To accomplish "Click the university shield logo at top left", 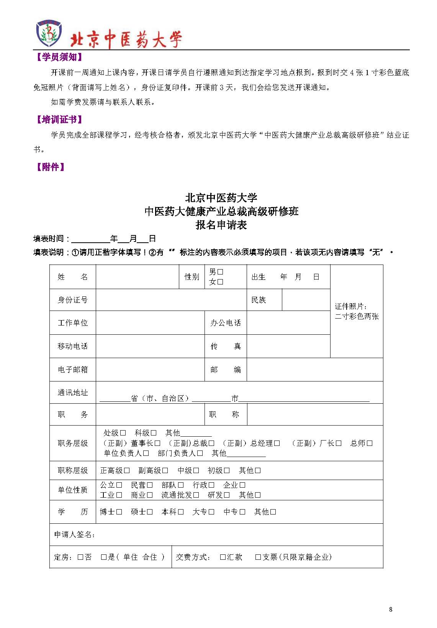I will coord(49,33).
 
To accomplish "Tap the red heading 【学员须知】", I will coord(59,58).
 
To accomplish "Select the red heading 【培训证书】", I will coord(59,120).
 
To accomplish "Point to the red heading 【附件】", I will coord(50,167).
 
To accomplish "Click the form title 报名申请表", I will coord(221,225).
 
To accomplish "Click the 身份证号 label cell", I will coord(72,300).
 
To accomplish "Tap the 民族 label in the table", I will coord(259,300).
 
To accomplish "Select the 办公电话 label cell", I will coord(226,323).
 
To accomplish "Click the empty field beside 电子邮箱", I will coord(150,370).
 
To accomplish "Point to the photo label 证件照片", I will coord(351,306).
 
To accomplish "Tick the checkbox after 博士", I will coord(119,512).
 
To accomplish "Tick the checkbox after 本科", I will coord(181,512).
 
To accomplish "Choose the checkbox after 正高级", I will coord(127,470).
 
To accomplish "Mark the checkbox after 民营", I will coord(150,485).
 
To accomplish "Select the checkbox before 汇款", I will coord(223,557).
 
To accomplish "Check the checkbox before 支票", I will coord(258,557).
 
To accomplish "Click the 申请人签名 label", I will coord(74,534).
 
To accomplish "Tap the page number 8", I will coord(390,610).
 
